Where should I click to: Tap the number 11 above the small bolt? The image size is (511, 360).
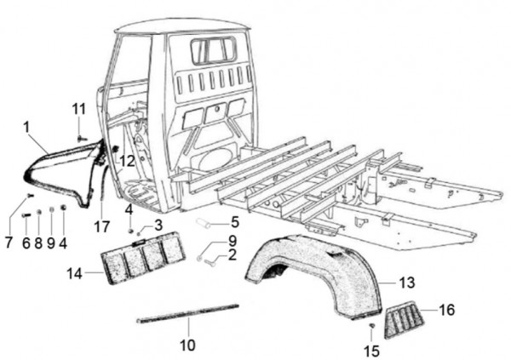[78, 109]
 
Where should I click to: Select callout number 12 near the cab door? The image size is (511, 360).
[127, 159]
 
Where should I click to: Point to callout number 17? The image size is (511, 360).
[102, 226]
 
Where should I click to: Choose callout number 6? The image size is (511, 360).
[26, 243]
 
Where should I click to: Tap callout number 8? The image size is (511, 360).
[37, 243]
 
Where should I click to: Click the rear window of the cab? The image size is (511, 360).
[214, 50]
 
